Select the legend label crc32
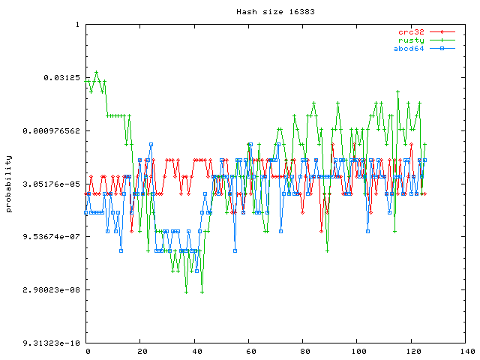412,32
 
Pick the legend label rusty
412,40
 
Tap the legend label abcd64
409,49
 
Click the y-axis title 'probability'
9,184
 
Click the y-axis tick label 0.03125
64,78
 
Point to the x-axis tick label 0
88,351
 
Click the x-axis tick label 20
142,351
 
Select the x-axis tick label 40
196,351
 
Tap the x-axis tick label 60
250,351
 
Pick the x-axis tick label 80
304,351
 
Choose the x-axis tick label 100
358,351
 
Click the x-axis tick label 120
412,351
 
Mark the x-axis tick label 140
466,351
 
